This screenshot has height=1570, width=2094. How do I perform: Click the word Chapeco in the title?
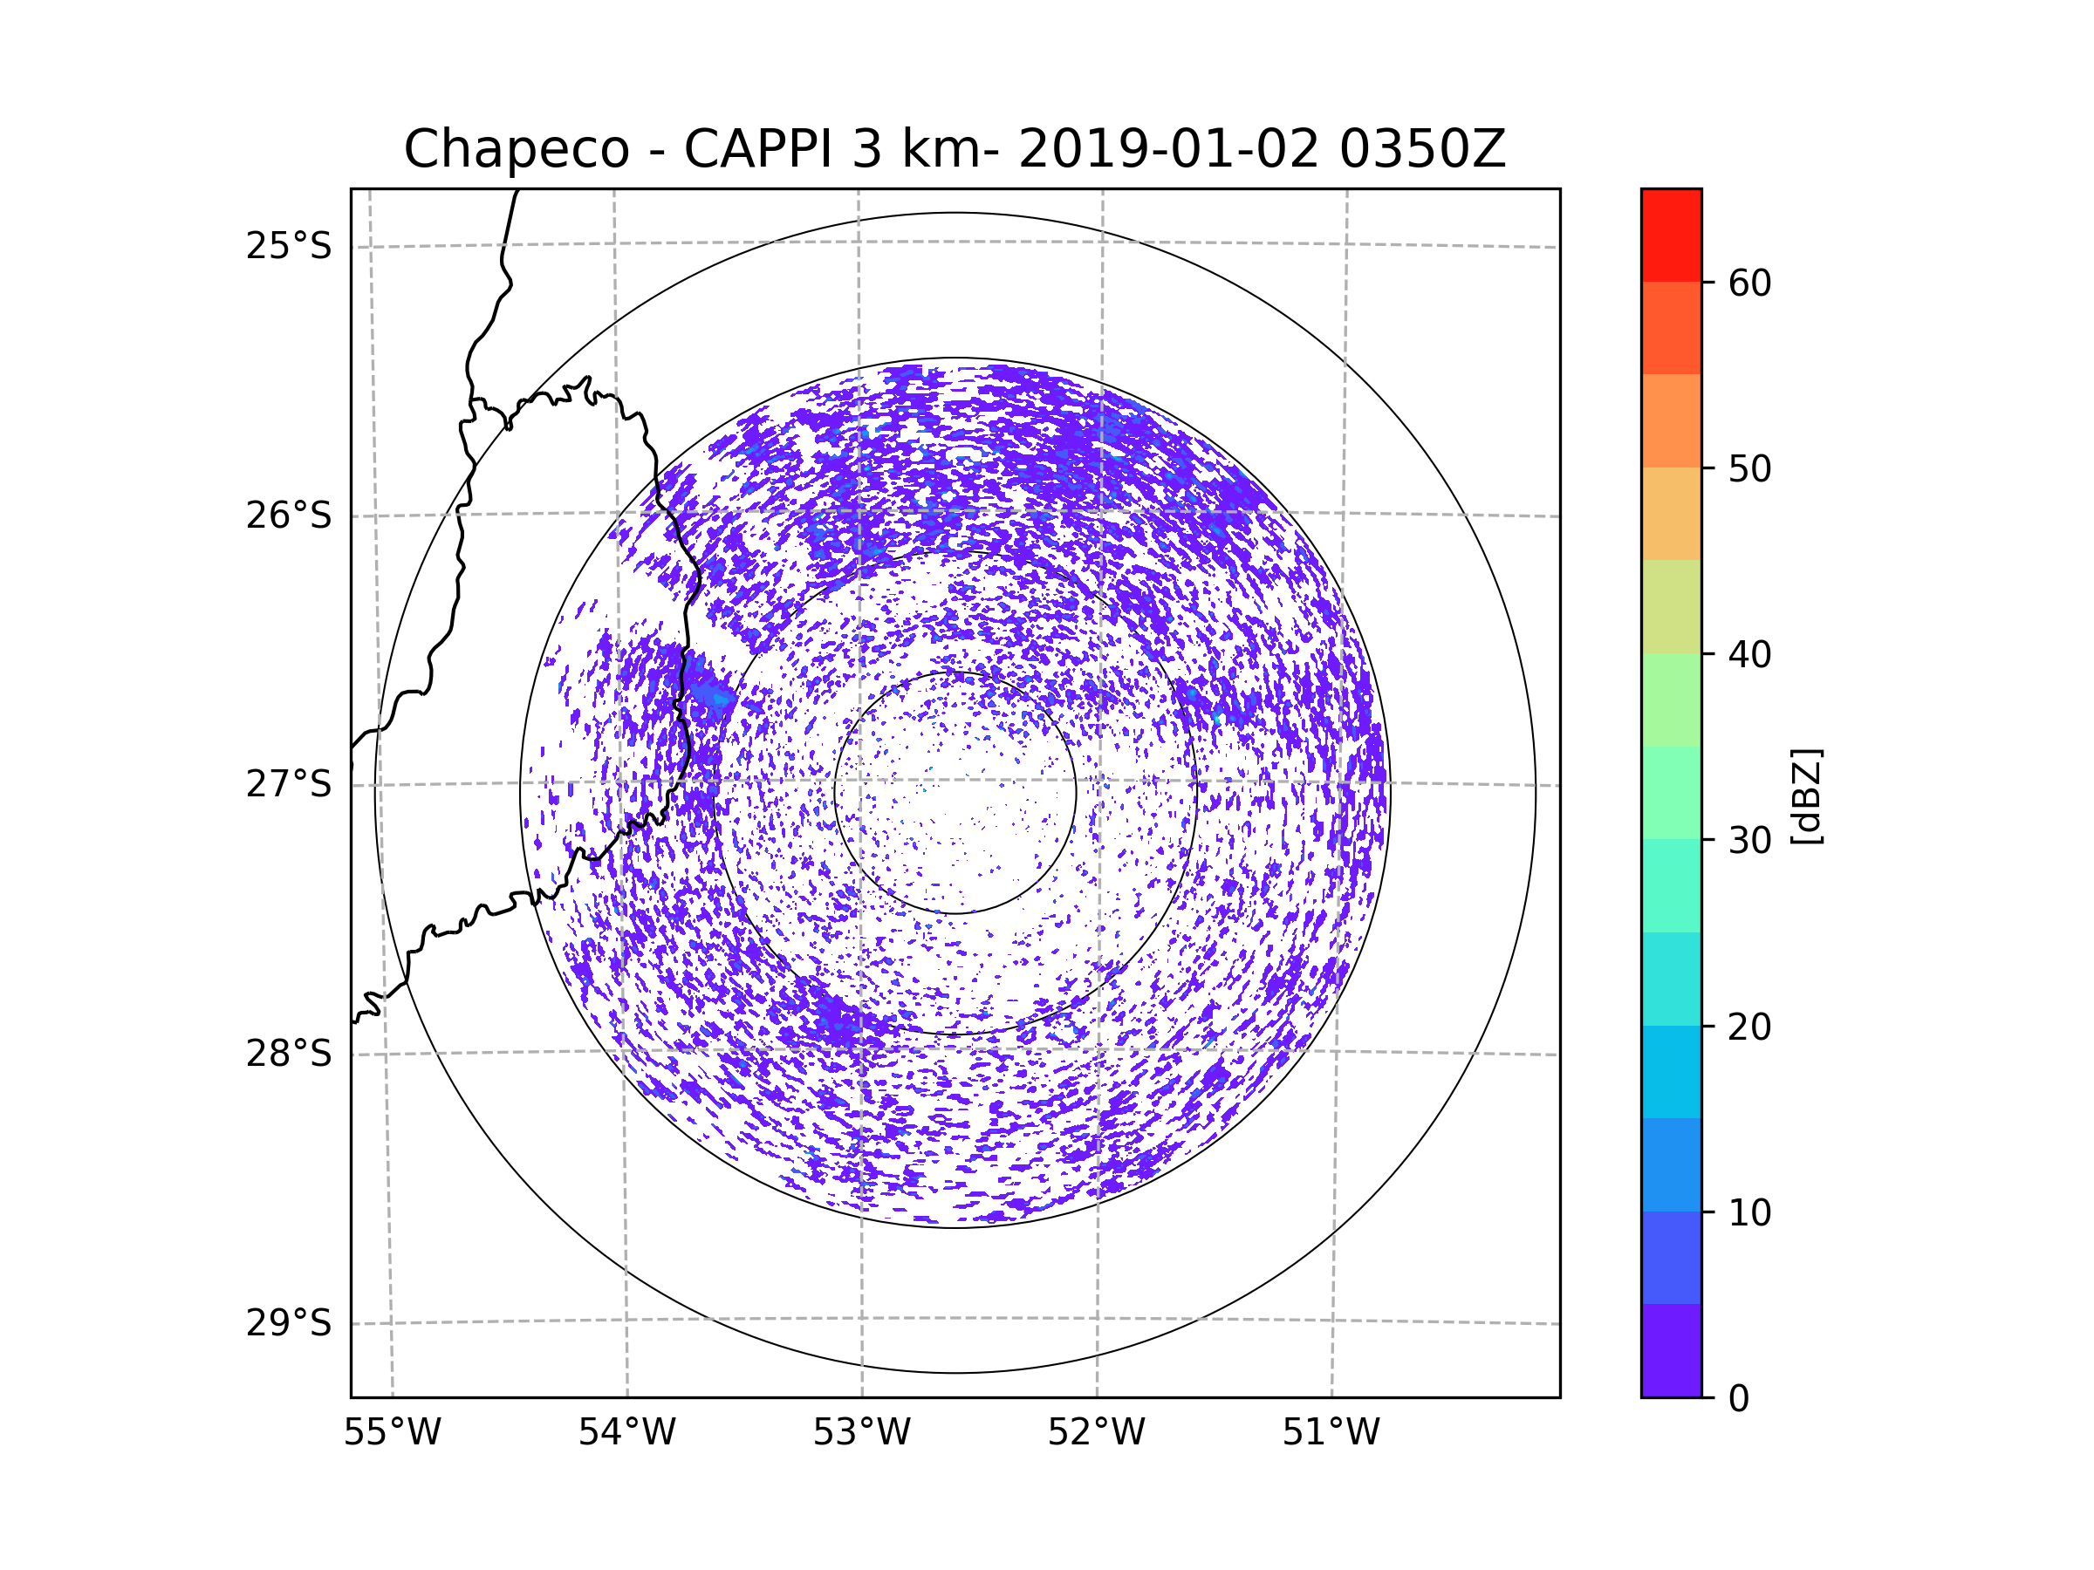pyautogui.click(x=516, y=149)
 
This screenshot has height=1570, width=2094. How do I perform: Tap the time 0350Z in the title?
pyautogui.click(x=1422, y=149)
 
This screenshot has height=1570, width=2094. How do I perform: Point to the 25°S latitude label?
pyautogui.click(x=289, y=246)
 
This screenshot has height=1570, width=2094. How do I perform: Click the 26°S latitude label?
pyautogui.click(x=289, y=515)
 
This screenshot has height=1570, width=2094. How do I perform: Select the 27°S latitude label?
pyautogui.click(x=289, y=784)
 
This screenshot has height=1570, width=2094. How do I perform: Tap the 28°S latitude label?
pyautogui.click(x=289, y=1054)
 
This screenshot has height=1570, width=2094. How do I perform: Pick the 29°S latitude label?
pyautogui.click(x=289, y=1323)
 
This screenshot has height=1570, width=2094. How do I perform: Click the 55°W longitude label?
pyautogui.click(x=392, y=1433)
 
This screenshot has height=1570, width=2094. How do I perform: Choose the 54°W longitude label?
pyautogui.click(x=626, y=1433)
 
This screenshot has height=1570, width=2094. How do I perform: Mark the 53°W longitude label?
pyautogui.click(x=861, y=1433)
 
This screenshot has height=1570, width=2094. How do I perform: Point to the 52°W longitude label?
pyautogui.click(x=1096, y=1433)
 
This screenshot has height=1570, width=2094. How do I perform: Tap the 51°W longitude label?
pyautogui.click(x=1331, y=1433)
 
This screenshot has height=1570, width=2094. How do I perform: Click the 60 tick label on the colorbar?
pyautogui.click(x=1749, y=283)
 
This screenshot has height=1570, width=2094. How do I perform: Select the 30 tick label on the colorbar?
pyautogui.click(x=1749, y=840)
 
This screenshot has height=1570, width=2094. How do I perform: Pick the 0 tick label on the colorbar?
pyautogui.click(x=1739, y=1399)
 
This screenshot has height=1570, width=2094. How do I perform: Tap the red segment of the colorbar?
pyautogui.click(x=1671, y=235)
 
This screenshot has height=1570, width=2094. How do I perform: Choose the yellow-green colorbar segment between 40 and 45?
pyautogui.click(x=1671, y=606)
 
